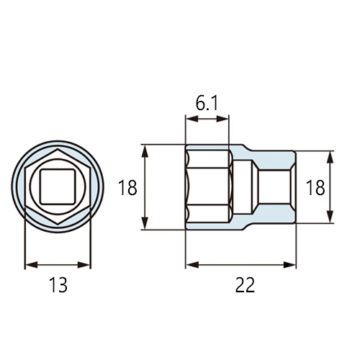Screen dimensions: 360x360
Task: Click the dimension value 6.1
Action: (207, 104)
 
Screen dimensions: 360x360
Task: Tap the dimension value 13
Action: (58, 285)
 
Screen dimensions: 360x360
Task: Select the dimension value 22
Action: (245, 285)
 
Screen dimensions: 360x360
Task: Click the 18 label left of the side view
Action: (127, 187)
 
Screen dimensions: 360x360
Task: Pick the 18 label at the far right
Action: (315, 187)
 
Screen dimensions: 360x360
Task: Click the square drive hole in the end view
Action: (58, 186)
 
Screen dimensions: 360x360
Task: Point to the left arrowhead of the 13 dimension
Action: (32, 265)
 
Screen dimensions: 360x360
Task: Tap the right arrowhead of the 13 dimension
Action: (84, 265)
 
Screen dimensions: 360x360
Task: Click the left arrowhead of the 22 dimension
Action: (192, 265)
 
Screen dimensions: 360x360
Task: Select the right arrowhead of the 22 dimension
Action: (289, 265)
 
